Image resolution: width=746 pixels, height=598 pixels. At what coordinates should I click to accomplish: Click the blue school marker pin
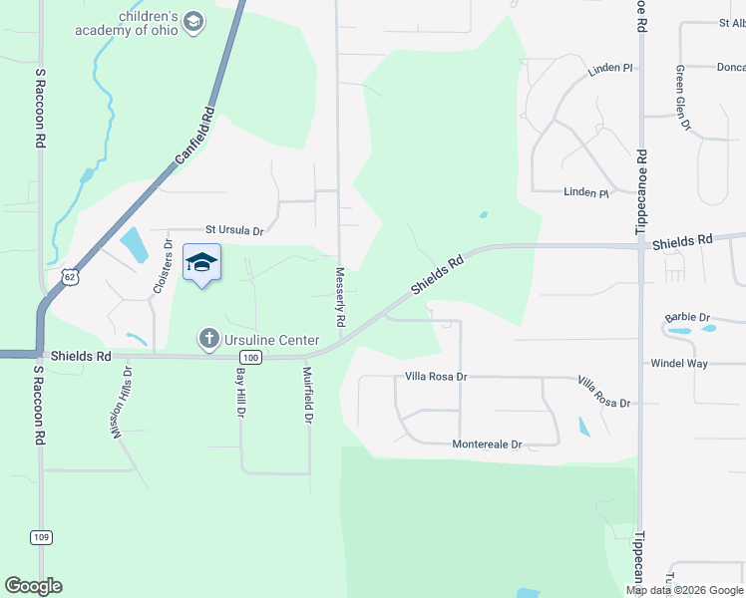tap(201, 263)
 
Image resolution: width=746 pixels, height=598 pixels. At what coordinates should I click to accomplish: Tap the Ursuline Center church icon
tap(208, 339)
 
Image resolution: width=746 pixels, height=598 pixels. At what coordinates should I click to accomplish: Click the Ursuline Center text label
tap(271, 340)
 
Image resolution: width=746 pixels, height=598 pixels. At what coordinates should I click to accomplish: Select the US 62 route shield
tap(69, 277)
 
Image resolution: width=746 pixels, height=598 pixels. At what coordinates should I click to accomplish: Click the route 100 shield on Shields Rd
tap(251, 358)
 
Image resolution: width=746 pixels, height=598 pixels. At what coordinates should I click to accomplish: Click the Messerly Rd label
tap(340, 298)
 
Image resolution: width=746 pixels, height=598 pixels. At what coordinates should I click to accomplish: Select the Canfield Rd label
tap(194, 137)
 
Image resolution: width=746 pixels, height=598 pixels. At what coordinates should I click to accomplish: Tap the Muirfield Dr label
tap(308, 395)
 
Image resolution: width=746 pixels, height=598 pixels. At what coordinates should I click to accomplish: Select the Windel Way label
tap(679, 364)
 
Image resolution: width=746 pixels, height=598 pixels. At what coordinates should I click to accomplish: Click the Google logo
tap(33, 586)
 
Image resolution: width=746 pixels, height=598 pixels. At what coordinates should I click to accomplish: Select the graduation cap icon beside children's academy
tap(194, 22)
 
